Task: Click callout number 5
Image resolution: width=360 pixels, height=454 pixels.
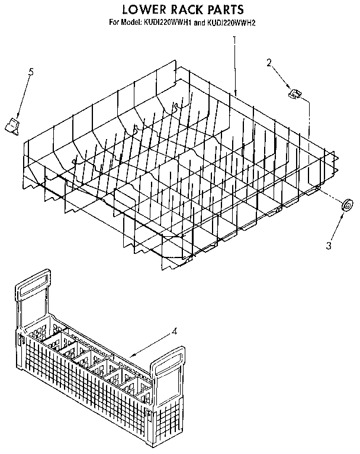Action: tap(31, 73)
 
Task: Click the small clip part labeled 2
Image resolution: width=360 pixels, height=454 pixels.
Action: tap(293, 92)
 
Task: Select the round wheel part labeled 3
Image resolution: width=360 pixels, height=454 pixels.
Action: tap(348, 206)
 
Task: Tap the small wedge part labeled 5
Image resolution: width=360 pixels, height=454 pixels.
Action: tap(12, 125)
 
